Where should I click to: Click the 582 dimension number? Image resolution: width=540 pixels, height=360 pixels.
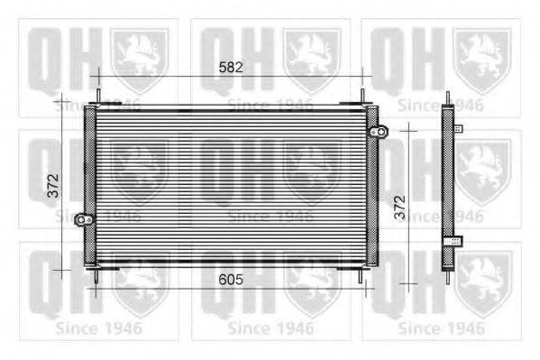coord(231,68)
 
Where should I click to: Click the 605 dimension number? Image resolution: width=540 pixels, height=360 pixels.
coord(231,280)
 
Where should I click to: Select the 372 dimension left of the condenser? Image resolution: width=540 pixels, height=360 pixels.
coord(53,186)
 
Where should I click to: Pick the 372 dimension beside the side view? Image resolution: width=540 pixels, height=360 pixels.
coord(400,208)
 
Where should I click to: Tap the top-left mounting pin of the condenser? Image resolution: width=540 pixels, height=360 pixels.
coord(98,96)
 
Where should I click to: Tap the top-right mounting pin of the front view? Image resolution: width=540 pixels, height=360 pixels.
coord(362,96)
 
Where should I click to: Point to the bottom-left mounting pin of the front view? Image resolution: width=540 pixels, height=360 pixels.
coord(96,276)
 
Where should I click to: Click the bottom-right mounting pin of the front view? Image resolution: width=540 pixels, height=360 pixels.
coord(361,276)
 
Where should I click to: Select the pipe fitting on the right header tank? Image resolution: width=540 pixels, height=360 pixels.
coord(380,132)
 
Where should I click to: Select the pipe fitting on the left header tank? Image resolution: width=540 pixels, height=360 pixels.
coord(84,219)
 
